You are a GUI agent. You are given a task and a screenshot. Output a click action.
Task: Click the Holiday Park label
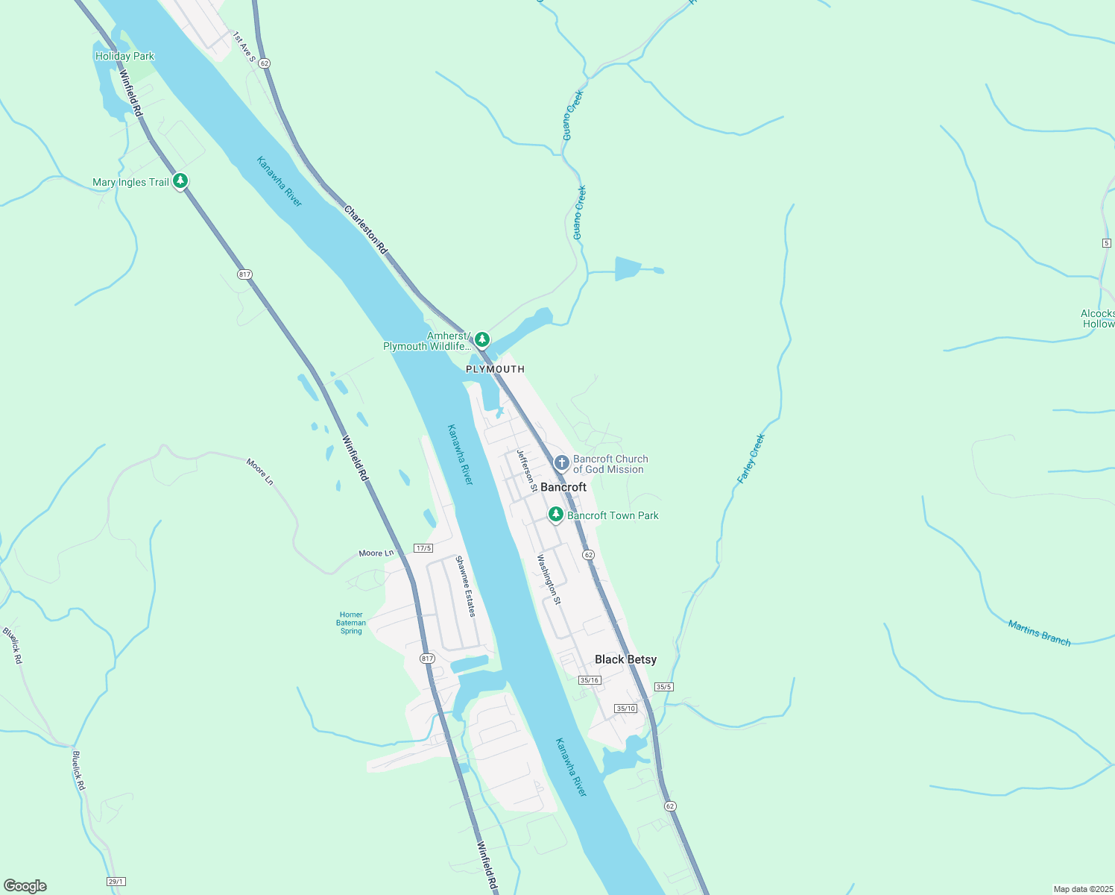(124, 56)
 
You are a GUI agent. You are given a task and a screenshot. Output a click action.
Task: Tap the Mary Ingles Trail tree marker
(180, 181)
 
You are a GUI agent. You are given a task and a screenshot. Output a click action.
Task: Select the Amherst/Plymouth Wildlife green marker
(482, 340)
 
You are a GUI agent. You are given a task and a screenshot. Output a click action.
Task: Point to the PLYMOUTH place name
(495, 369)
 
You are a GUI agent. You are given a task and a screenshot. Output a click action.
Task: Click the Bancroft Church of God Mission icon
(562, 464)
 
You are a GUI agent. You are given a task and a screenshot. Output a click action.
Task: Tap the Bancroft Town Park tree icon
(555, 515)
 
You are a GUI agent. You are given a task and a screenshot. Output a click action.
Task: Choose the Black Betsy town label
(625, 659)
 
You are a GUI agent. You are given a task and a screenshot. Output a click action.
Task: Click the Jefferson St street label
(527, 470)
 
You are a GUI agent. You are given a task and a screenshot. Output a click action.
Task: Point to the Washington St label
(549, 579)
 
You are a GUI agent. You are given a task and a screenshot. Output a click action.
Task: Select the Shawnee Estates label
(466, 586)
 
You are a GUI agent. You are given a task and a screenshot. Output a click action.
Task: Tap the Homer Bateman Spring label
(351, 623)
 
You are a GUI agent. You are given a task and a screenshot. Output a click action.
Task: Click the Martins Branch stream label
(1039, 632)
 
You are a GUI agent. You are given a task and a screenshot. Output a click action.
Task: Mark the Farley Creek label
(751, 459)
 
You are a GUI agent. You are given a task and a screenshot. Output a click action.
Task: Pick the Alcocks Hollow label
(1098, 318)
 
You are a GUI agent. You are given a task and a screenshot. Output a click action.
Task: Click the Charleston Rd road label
(366, 230)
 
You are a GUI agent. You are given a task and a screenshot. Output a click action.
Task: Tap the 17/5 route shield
(423, 548)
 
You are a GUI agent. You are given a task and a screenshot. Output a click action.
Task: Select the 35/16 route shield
(590, 679)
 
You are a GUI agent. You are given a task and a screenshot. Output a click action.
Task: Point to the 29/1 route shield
(116, 882)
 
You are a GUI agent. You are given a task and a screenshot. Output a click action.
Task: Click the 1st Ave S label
(244, 47)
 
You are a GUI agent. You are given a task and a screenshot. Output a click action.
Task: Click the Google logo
(25, 886)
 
